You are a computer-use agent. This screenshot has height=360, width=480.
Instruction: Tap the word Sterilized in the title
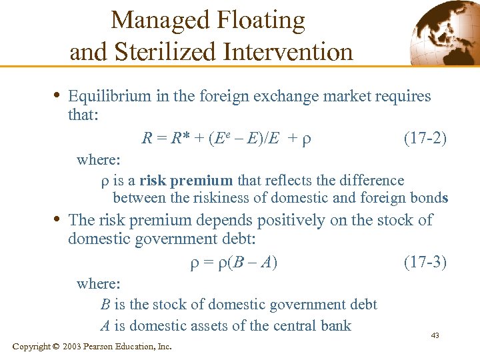click(x=167, y=51)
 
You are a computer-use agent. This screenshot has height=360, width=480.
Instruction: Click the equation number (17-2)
click(x=425, y=139)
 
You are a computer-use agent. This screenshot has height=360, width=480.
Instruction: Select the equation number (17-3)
click(x=425, y=262)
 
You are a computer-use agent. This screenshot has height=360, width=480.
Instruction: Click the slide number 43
click(x=435, y=335)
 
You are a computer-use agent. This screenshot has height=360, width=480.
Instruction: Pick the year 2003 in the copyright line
click(x=73, y=347)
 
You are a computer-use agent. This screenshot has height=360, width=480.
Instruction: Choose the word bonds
click(x=428, y=198)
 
